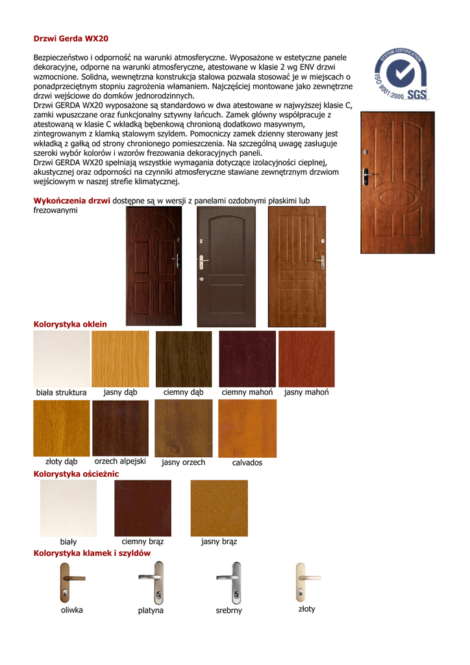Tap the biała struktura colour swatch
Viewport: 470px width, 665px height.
62,359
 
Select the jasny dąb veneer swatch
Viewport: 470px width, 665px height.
120,359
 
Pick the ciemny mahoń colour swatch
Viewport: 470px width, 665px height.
247,359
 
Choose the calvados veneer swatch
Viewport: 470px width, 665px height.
247,429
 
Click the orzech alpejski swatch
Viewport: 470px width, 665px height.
120,429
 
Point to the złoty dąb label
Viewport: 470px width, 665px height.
62,462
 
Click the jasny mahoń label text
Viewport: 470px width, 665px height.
306,392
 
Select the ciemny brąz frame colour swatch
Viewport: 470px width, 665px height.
143,508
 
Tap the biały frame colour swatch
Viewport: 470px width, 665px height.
68,508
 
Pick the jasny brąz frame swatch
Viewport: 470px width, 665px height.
219,508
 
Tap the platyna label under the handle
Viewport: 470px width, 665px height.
151,610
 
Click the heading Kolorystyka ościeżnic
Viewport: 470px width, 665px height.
76,475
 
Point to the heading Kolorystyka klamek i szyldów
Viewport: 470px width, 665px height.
92,553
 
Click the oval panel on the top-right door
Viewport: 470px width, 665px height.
397,197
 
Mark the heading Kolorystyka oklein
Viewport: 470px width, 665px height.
70,324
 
